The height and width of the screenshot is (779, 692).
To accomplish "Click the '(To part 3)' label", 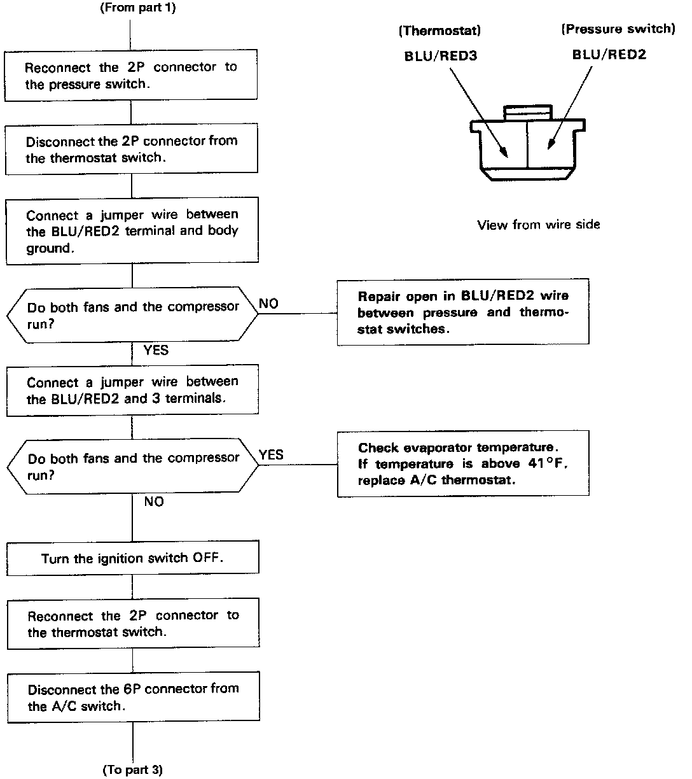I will tap(132, 770).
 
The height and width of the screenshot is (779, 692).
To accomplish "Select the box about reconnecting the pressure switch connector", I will tap(131, 76).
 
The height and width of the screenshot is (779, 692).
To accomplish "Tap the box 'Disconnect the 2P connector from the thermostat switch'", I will tap(131, 150).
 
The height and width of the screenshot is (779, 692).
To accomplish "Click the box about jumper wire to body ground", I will tap(132, 232).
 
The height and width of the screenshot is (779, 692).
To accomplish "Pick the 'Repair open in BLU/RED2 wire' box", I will tap(462, 312).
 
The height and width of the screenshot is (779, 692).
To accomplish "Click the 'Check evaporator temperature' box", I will tap(462, 463).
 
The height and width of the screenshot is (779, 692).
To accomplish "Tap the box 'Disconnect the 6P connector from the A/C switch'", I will tap(133, 697).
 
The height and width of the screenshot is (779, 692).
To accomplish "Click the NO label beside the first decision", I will tap(268, 304).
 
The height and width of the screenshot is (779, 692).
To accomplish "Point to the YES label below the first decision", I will tap(156, 350).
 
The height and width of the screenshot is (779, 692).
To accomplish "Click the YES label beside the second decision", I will tap(271, 455).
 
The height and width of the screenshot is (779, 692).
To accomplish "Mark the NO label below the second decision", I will tap(154, 502).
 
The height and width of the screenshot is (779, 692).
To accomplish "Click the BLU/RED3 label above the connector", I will tap(441, 56).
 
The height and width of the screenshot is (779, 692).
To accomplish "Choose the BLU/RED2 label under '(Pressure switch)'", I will tap(609, 55).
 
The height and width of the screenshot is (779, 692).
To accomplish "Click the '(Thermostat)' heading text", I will tap(439, 30).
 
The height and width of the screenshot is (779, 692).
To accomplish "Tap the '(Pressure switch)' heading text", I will tap(617, 29).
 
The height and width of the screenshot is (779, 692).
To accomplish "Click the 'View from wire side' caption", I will tap(538, 224).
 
